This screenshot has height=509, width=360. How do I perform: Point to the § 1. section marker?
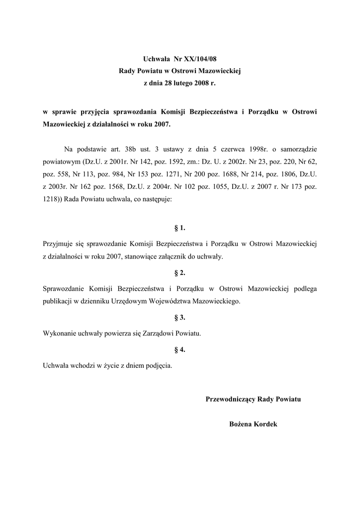pos(180,229)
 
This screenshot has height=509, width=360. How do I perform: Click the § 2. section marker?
pos(180,273)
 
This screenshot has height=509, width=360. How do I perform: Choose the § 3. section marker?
pos(180,318)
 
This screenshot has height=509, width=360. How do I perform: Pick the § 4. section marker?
pos(180,350)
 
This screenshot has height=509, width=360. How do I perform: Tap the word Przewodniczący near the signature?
pos(231,399)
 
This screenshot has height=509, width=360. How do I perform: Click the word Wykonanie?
pos(61,334)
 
